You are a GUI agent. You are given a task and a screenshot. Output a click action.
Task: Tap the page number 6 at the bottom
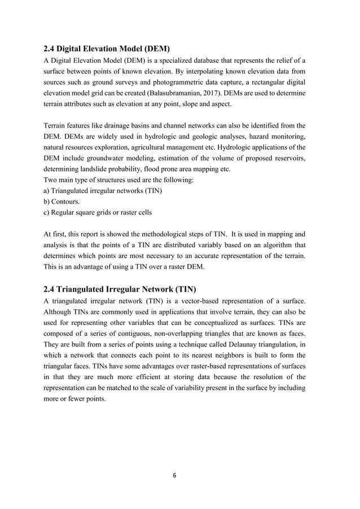(174, 475)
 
